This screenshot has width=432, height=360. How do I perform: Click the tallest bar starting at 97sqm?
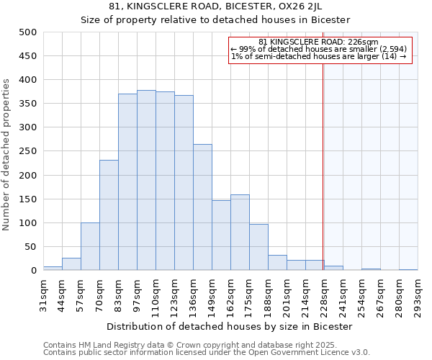click(x=146, y=180)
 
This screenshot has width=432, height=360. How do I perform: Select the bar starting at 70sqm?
click(x=109, y=215)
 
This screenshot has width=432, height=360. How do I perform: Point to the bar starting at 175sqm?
click(x=258, y=247)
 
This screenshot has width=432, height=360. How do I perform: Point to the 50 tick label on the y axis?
click(x=30, y=247)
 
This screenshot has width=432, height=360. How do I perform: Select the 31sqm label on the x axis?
click(x=43, y=295)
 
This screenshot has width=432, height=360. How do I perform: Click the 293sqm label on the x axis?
click(x=418, y=295)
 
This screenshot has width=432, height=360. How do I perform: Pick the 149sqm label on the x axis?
click(x=212, y=295)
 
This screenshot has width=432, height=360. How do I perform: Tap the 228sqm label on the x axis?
click(x=324, y=295)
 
